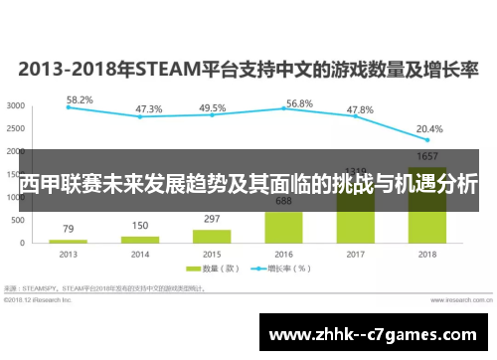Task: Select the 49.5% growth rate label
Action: (212, 108)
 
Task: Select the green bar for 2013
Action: (68, 241)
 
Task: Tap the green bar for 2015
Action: (212, 236)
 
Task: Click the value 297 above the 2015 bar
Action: (212, 220)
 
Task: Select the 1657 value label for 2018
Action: (427, 157)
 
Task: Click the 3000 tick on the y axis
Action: (16, 105)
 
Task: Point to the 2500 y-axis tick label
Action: (16, 128)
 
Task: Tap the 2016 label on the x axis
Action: (284, 254)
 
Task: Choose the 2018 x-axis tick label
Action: (427, 254)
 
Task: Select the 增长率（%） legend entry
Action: (282, 269)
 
